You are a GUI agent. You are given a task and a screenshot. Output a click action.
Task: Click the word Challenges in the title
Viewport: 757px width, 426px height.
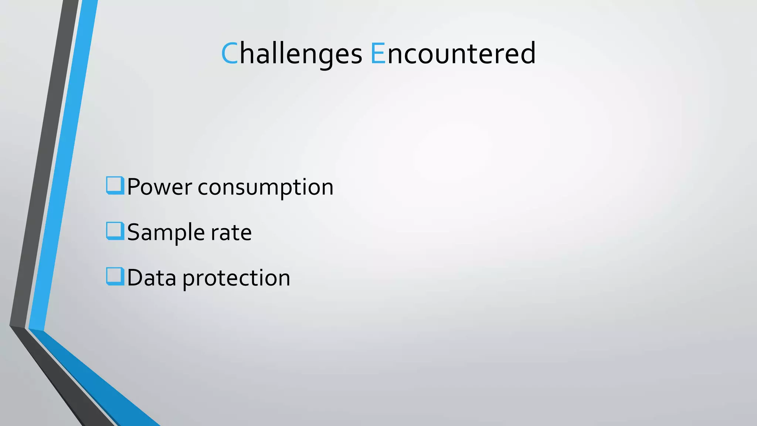[291, 54]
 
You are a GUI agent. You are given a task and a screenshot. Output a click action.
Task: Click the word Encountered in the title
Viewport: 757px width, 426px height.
[453, 54]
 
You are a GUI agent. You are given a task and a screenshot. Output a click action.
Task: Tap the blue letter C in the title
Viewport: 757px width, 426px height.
[229, 54]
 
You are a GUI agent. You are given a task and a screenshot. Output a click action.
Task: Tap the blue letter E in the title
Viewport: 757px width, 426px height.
[378, 54]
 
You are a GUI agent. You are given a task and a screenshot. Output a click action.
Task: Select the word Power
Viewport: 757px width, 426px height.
[159, 187]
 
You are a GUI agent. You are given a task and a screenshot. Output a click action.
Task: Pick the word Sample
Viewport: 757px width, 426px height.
[166, 233]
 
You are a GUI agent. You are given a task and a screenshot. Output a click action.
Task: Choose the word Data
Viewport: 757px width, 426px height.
[152, 278]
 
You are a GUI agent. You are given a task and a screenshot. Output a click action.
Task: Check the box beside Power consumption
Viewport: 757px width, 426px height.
[115, 185]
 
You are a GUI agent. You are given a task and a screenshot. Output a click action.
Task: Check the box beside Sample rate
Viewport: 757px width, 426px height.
[115, 231]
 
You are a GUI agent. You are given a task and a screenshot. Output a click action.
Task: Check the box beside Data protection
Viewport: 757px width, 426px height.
[115, 276]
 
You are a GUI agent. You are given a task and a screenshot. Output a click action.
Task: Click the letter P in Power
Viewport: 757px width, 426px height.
[133, 187]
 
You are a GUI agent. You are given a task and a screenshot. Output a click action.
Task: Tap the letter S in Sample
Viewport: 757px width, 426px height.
[133, 233]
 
